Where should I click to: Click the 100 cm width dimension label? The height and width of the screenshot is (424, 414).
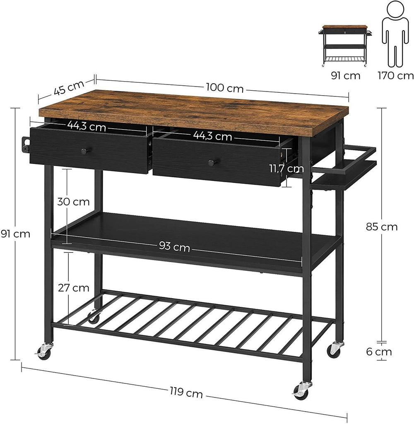pyautogui.click(x=224, y=88)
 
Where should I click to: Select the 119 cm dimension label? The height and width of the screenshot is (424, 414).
pyautogui.click(x=186, y=393)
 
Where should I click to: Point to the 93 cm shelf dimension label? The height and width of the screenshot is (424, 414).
pyautogui.click(x=174, y=247)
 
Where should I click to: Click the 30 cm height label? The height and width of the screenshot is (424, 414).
pyautogui.click(x=74, y=202)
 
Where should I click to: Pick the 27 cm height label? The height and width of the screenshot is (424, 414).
pyautogui.click(x=74, y=287)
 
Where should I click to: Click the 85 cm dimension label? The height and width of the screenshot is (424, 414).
pyautogui.click(x=382, y=226)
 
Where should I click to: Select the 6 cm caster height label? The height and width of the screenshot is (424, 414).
pyautogui.click(x=379, y=352)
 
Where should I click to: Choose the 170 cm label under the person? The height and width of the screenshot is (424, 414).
pyautogui.click(x=395, y=75)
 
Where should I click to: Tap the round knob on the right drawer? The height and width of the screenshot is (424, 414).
pyautogui.click(x=212, y=163)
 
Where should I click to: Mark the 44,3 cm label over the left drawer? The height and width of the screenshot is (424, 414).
pyautogui.click(x=87, y=126)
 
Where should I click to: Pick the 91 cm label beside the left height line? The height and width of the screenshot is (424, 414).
pyautogui.click(x=16, y=234)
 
